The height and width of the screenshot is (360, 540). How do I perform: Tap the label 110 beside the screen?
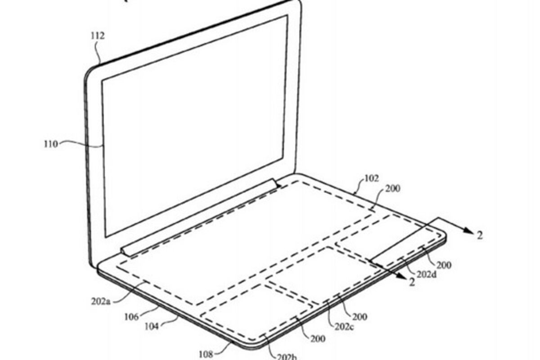coord(50,145)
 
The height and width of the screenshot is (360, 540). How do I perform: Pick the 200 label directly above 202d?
coord(443,265)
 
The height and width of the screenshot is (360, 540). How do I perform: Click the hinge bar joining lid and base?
coord(200,217)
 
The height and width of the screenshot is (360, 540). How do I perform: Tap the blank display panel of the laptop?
coord(193,126)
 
